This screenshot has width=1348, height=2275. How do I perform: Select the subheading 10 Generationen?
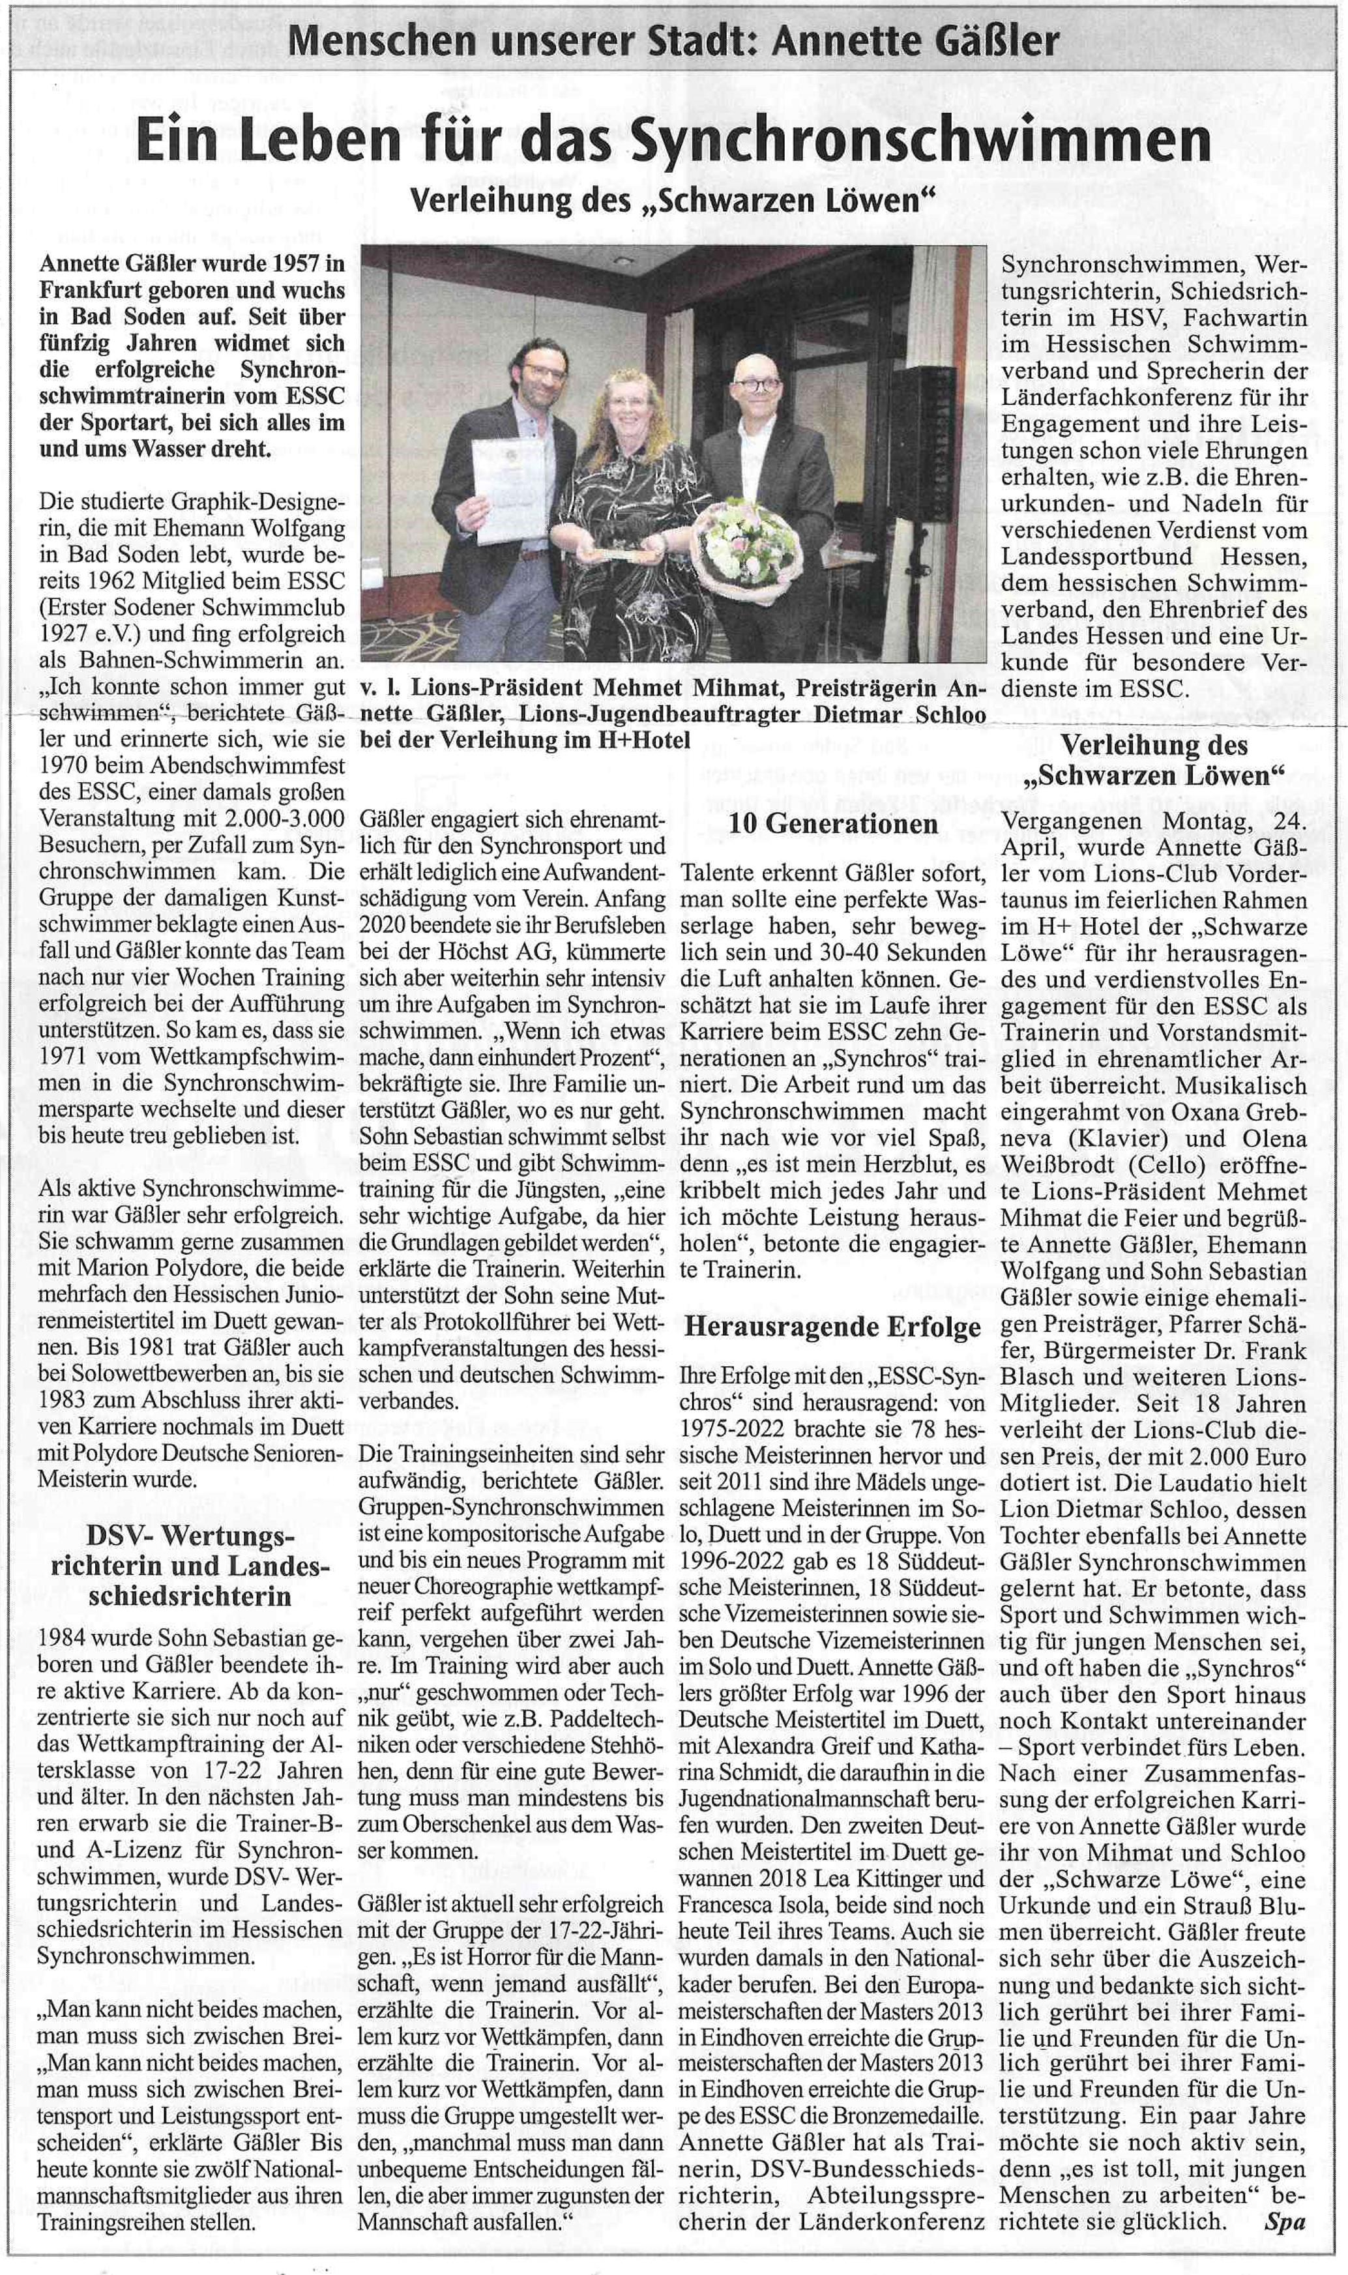tap(833, 824)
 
